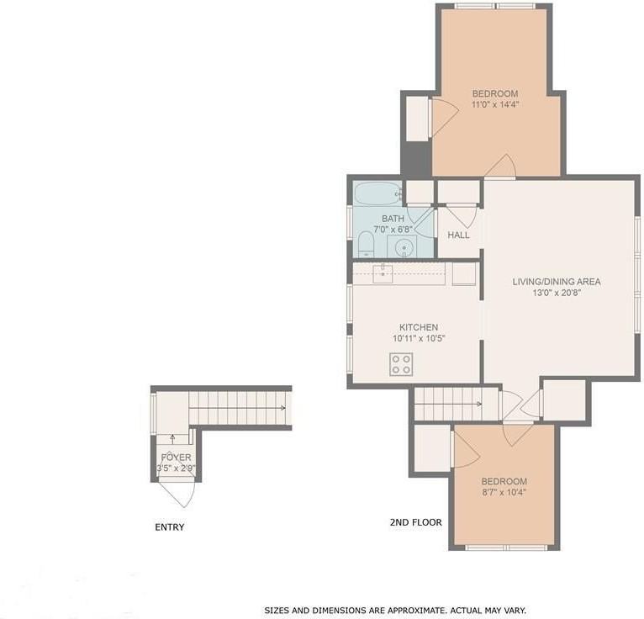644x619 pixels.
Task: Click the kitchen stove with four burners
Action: click(x=401, y=364)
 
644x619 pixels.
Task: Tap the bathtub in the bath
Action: click(x=377, y=194)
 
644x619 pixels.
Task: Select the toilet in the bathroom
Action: click(x=366, y=244)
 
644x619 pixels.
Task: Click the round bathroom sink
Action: click(x=404, y=247)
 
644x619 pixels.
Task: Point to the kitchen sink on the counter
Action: click(x=383, y=274)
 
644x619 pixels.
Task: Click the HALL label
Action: click(x=458, y=235)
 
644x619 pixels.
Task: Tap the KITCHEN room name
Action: click(x=419, y=327)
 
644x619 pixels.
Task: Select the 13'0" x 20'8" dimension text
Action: click(x=557, y=294)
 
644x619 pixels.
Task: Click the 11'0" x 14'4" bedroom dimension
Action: click(x=495, y=105)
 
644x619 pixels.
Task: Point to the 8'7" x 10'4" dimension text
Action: click(x=504, y=492)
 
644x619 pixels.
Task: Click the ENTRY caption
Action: click(x=169, y=527)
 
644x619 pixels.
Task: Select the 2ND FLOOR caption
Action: click(x=415, y=522)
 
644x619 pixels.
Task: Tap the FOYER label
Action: click(x=176, y=458)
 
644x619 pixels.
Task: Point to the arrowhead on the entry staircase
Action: click(x=283, y=408)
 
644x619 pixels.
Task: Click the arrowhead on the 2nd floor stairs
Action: click(x=479, y=405)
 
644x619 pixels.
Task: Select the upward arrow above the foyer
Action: click(x=172, y=440)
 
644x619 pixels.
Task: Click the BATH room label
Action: click(x=393, y=219)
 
